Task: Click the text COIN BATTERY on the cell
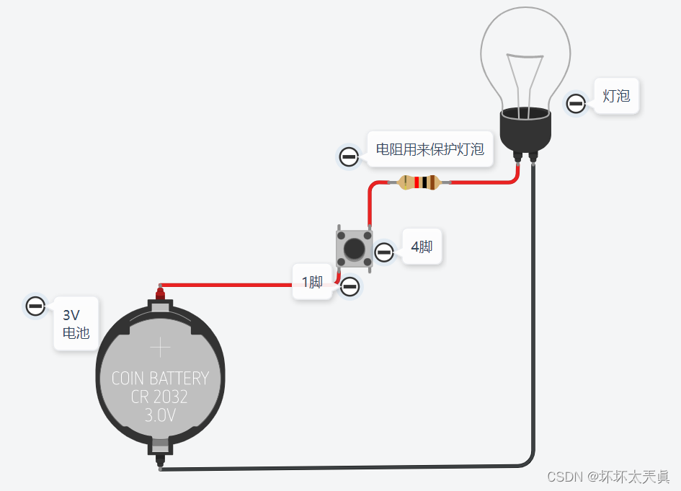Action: tap(160, 378)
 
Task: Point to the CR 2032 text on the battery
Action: tap(159, 397)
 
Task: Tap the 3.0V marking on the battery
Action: tap(160, 415)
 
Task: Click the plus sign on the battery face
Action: tap(160, 348)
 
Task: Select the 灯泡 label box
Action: tap(616, 96)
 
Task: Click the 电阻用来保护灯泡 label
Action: tap(429, 150)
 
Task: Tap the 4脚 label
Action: tap(422, 247)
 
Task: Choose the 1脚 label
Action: tap(312, 282)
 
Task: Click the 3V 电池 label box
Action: tap(76, 324)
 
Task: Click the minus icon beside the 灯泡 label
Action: tap(576, 104)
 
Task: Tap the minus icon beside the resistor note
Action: tap(349, 156)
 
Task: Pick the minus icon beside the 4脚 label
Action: tap(384, 252)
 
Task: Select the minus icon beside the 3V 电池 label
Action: tap(35, 306)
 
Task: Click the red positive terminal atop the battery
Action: tap(159, 294)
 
